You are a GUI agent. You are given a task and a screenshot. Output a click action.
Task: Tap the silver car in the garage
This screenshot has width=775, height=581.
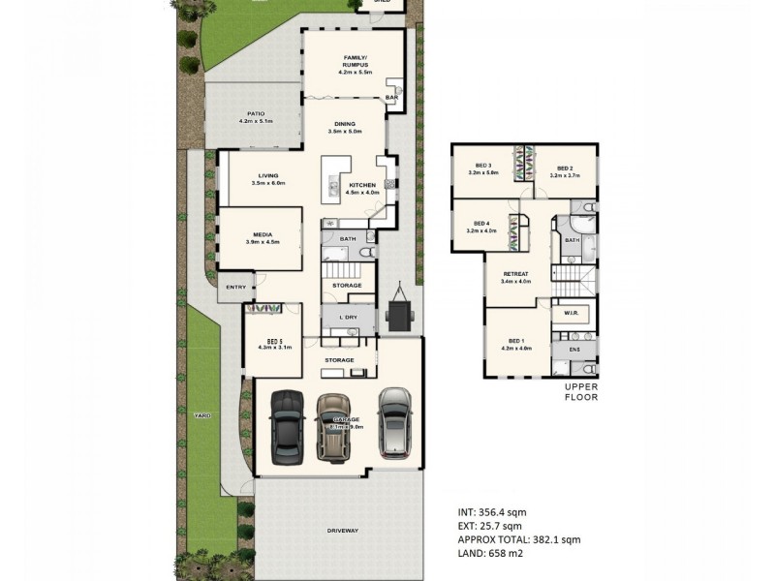(395, 422)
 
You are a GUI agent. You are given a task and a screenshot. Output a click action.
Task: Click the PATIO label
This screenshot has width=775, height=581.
(256, 113)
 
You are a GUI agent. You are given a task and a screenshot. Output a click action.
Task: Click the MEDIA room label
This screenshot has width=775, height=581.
(263, 233)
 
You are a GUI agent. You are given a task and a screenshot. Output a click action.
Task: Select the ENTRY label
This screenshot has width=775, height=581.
(235, 287)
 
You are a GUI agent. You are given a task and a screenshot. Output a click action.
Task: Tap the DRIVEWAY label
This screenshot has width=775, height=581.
(343, 530)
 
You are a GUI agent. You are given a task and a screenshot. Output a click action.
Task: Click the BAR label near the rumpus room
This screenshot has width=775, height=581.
(392, 98)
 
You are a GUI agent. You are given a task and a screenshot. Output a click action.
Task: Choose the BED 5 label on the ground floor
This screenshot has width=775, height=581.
(276, 340)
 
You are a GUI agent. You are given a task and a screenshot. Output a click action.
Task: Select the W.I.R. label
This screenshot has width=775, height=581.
(570, 314)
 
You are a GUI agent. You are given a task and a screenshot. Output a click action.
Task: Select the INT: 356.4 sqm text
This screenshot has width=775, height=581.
(492, 511)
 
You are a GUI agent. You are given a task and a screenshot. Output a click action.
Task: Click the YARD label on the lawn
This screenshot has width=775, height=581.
(201, 414)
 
